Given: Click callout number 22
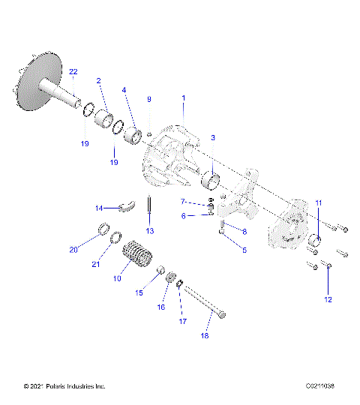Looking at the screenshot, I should coord(73,71).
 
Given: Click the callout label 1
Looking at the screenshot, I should coord(183,98).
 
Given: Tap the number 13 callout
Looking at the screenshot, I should coord(150,230).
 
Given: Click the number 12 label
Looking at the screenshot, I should coord(327,300).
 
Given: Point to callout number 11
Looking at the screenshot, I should coord(317,202).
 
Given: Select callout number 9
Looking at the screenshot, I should coord(148,99).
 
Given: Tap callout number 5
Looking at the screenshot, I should coord(243,250).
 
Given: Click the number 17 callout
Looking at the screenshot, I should coord(182,322).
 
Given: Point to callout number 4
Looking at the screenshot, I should coord(124,90).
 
